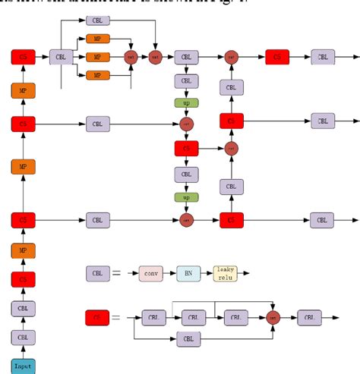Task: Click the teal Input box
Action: pyautogui.click(x=23, y=366)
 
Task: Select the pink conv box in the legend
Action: pyautogui.click(x=152, y=272)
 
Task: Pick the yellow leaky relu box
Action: pyautogui.click(x=225, y=272)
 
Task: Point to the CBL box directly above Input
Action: pyautogui.click(x=23, y=337)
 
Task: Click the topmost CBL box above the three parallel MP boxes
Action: pyautogui.click(x=97, y=20)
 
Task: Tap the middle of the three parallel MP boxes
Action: pyautogui.click(x=97, y=56)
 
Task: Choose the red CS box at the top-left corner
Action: pyautogui.click(x=23, y=56)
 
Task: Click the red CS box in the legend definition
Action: pyautogui.click(x=96, y=318)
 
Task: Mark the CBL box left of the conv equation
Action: pyautogui.click(x=96, y=272)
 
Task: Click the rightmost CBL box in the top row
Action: pyautogui.click(x=323, y=56)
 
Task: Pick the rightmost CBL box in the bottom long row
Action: pyautogui.click(x=323, y=220)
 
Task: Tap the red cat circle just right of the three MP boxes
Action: pyautogui.click(x=131, y=56)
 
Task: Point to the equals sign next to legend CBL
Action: pyautogui.click(x=117, y=272)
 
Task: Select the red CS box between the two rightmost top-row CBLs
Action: pyautogui.click(x=277, y=56)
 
